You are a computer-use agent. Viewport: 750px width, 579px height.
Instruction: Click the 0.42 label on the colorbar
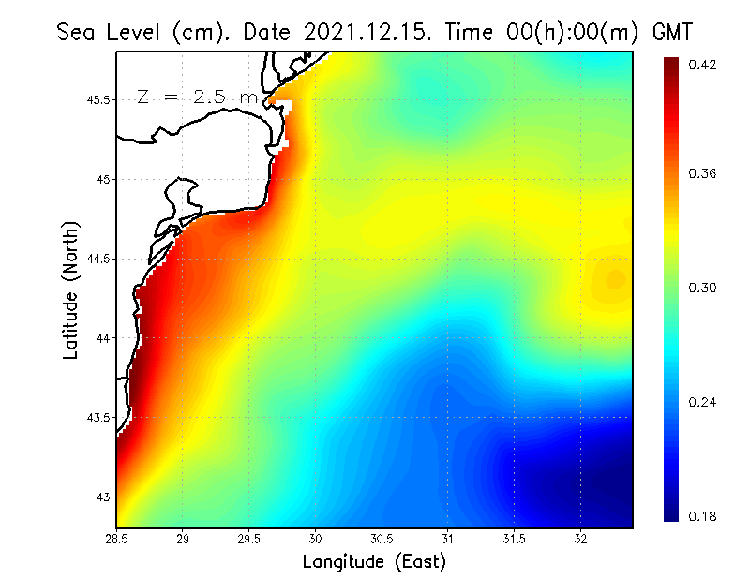coord(704,65)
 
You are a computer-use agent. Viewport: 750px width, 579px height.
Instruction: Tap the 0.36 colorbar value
coord(704,173)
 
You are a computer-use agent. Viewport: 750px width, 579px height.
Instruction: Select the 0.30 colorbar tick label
coord(704,288)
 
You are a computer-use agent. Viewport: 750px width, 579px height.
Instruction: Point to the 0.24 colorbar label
coord(704,402)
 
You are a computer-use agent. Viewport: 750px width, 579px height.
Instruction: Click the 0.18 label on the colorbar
coord(704,516)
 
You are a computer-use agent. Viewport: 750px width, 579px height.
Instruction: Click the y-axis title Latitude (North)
coord(71,289)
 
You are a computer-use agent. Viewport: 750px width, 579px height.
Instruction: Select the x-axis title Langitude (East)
coord(374,562)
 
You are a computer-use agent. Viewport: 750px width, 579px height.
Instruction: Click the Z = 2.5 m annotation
coord(197,96)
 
